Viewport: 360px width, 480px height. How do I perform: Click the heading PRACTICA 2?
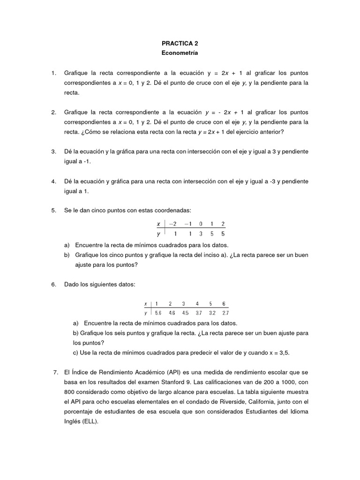(x=180, y=43)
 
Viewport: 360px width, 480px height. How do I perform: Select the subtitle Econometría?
(x=180, y=53)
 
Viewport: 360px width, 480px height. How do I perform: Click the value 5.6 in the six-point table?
(x=157, y=313)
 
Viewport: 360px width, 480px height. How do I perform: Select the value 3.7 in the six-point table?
(x=199, y=313)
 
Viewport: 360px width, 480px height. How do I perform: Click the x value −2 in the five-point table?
(x=173, y=224)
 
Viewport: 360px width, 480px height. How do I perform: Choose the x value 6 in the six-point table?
(x=224, y=303)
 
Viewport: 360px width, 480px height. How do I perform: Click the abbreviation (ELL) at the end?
(x=89, y=421)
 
